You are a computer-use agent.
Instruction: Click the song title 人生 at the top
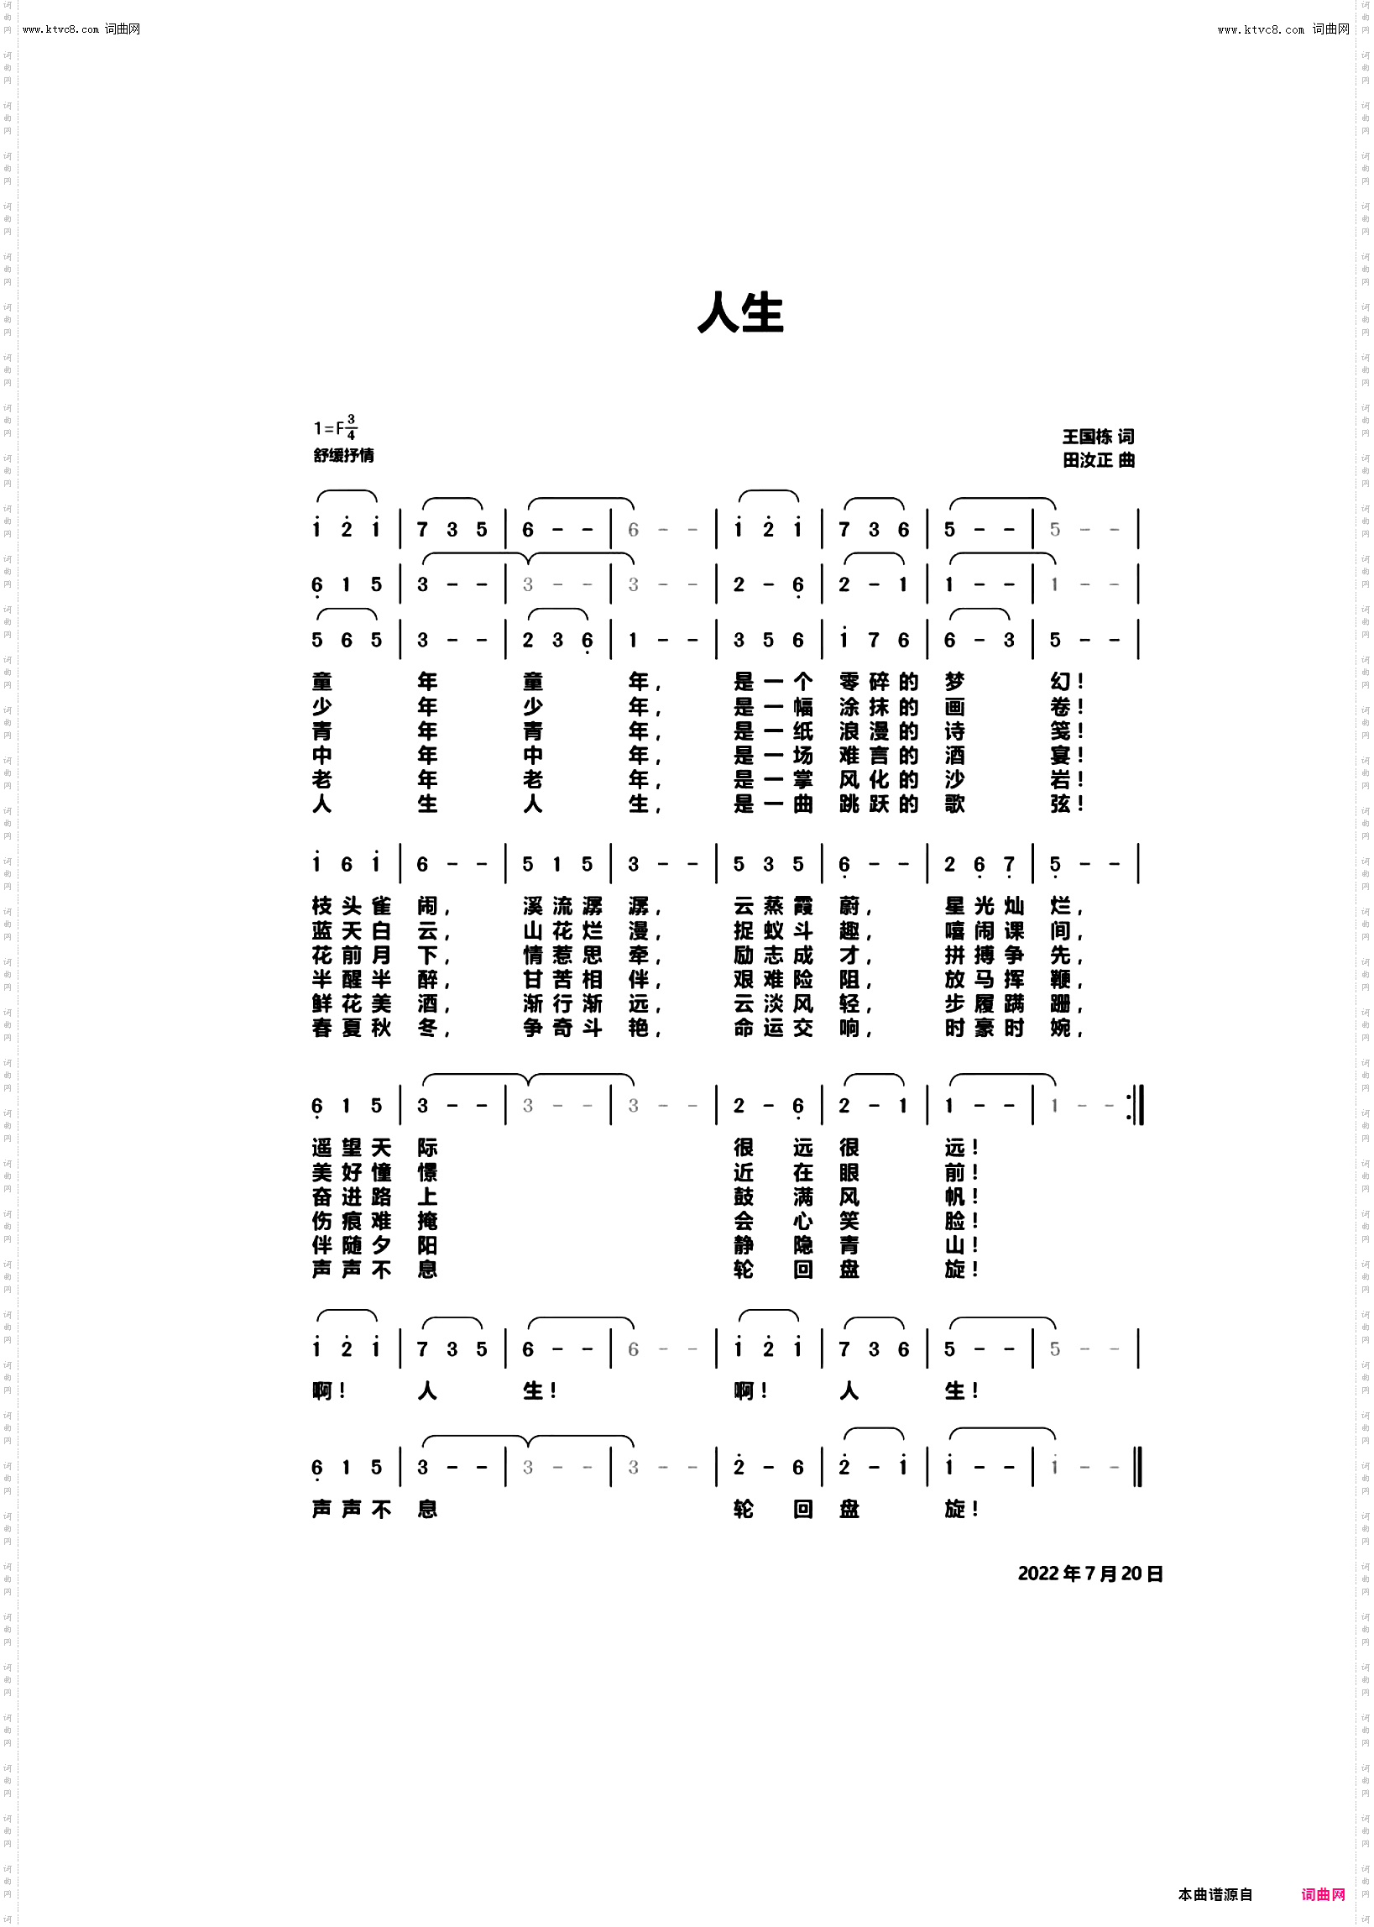coord(740,313)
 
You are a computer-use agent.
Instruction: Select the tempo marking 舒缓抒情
coord(343,455)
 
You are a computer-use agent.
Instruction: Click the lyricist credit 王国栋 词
coord(1098,437)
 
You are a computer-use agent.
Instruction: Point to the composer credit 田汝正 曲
coord(1098,460)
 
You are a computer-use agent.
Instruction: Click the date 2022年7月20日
coord(1089,1574)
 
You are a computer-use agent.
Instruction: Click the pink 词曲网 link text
coord(1323,1895)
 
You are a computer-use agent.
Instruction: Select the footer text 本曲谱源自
coord(1215,1895)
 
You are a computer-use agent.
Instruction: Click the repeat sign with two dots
coord(1135,1106)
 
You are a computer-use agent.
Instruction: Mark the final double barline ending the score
coord(1138,1468)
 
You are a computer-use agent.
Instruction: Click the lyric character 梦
coord(955,682)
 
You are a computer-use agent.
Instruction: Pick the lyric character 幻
coord(1061,682)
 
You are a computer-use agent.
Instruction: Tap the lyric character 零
coord(849,682)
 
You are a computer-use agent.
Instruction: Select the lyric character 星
coord(955,906)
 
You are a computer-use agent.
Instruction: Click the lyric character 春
coord(322,1029)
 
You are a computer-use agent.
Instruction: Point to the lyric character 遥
coord(322,1149)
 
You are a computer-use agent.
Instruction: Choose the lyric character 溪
coord(533,906)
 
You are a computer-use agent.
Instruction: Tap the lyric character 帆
coord(955,1197)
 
